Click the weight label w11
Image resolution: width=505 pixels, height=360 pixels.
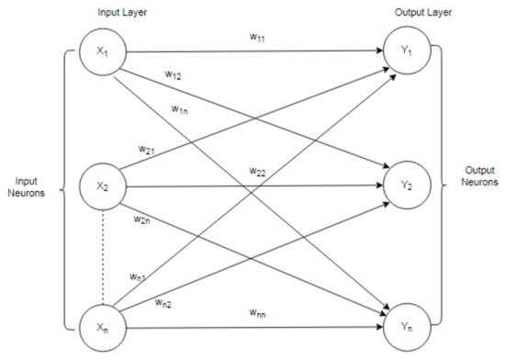tap(257, 38)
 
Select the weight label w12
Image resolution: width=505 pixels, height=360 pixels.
tap(174, 75)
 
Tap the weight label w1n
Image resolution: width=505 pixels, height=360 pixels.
tap(179, 110)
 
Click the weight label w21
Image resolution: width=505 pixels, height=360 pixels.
tap(147, 150)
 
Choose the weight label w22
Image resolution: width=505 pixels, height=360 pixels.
tap(257, 172)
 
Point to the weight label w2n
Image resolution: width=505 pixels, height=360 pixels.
tap(141, 219)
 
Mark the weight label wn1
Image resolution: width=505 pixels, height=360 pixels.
tap(138, 277)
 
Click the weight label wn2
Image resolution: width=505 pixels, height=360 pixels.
tap(163, 303)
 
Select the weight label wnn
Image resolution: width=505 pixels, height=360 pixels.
tap(257, 313)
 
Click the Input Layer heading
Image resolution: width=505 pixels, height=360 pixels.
tap(122, 13)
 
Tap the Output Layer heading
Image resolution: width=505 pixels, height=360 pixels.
tap(423, 13)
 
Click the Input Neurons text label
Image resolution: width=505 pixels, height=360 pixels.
tap(26, 187)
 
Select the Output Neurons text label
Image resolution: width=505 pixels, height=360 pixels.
tap(479, 176)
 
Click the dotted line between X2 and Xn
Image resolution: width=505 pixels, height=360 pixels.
tap(103, 257)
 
